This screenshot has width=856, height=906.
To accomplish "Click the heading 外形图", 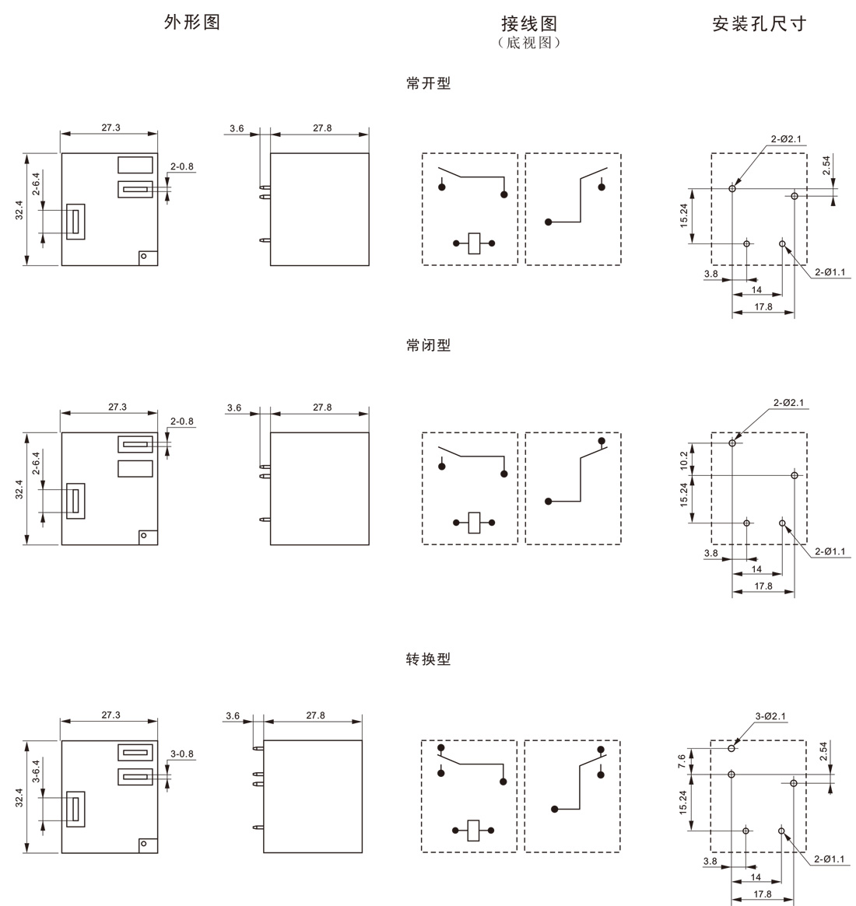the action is [192, 22].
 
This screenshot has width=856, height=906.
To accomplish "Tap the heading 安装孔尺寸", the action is [759, 23].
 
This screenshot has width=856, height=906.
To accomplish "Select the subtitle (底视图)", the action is [529, 43].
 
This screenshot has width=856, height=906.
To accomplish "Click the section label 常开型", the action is [428, 83].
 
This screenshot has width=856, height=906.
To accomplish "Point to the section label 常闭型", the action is [428, 345].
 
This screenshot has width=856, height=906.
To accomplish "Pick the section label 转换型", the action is [428, 659].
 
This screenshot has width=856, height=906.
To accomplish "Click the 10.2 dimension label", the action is [684, 460].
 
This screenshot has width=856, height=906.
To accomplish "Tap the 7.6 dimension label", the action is [682, 761].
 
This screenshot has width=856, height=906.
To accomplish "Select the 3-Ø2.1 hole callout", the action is [770, 716].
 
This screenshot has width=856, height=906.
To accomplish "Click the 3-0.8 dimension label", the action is [181, 754].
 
